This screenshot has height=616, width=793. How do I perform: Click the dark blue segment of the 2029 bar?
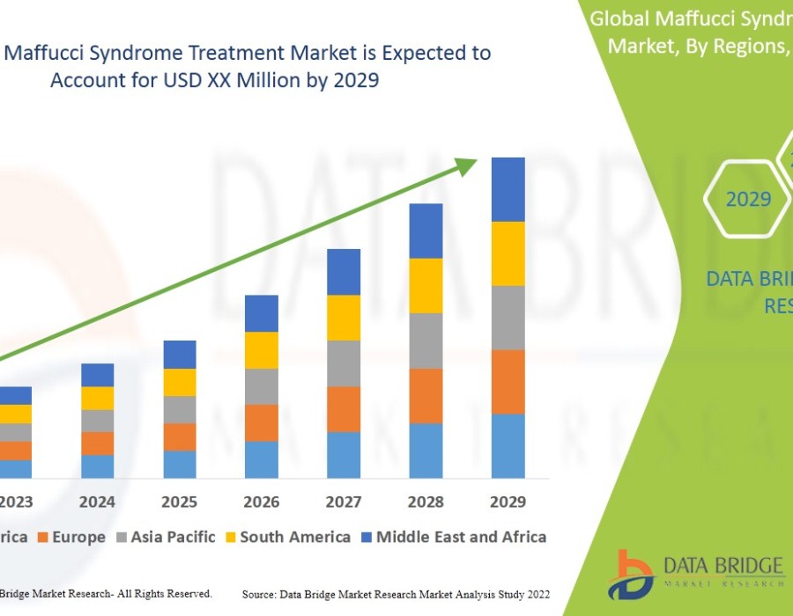click(x=508, y=189)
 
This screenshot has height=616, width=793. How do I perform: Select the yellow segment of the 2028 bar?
click(x=426, y=285)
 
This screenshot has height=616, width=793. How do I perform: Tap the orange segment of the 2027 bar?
click(x=344, y=409)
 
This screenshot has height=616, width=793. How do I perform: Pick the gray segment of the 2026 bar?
click(x=262, y=386)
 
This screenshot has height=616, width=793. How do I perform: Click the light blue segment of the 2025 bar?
click(x=180, y=465)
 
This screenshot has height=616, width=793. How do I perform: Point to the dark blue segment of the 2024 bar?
click(x=98, y=375)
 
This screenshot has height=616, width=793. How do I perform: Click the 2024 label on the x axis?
click(x=98, y=502)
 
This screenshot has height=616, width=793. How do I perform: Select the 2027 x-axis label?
click(x=344, y=502)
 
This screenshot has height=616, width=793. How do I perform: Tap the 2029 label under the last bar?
click(x=508, y=502)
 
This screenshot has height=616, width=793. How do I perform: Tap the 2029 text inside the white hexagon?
click(x=748, y=200)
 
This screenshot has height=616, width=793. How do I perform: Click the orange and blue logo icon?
click(x=635, y=571)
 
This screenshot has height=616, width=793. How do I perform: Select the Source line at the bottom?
click(x=396, y=595)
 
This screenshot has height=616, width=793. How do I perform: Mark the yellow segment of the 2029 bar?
click(x=508, y=253)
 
